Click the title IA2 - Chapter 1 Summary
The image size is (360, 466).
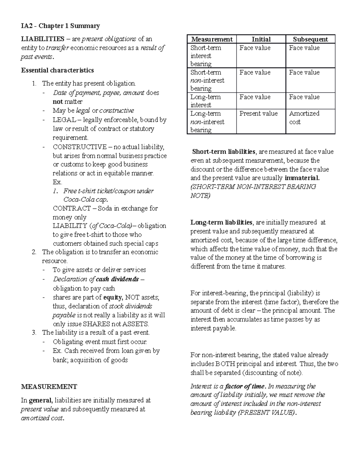pyautogui.click(x=60, y=26)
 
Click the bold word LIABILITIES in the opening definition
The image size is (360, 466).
pyautogui.click(x=42, y=39)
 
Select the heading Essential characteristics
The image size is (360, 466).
pyautogui.click(x=57, y=70)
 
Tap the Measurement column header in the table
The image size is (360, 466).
pyautogui.click(x=212, y=39)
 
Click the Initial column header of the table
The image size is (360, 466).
pyautogui.click(x=261, y=39)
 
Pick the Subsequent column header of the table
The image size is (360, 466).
pyautogui.click(x=310, y=39)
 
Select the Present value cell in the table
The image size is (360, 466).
pyautogui.click(x=259, y=113)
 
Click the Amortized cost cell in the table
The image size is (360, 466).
pyautogui.click(x=304, y=118)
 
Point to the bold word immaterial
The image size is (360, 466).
pyautogui.click(x=302, y=178)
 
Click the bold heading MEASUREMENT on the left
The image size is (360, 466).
pyautogui.click(x=49, y=386)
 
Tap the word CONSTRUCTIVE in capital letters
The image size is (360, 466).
pyautogui.click(x=79, y=147)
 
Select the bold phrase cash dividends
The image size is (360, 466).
pyautogui.click(x=117, y=279)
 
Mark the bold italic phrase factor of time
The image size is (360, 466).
pyautogui.click(x=245, y=386)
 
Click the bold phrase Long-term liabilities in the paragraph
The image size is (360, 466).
pyautogui.click(x=221, y=222)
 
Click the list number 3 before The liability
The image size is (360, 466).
pyautogui.click(x=34, y=332)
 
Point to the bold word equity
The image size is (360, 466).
pyautogui.click(x=113, y=297)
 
